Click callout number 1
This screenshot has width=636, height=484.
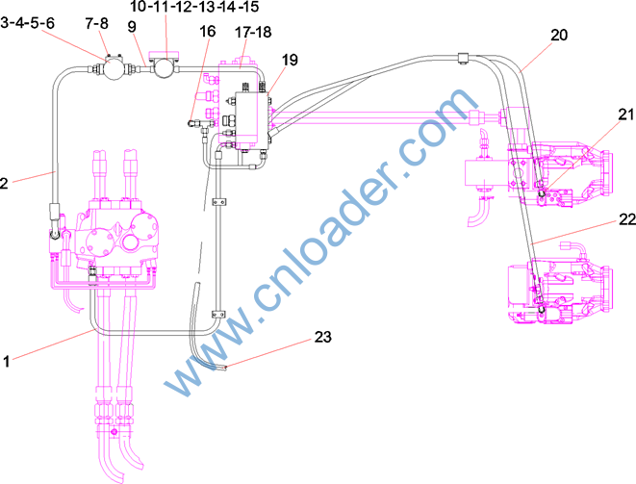click(6, 361)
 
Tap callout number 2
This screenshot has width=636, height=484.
click(4, 183)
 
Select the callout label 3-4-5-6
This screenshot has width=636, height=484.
click(28, 23)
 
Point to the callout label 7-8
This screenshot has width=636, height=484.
click(97, 23)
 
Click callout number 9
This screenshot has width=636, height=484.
click(132, 26)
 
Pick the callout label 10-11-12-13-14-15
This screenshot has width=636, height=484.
click(194, 6)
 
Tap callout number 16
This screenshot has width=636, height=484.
click(208, 31)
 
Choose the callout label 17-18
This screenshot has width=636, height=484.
click(253, 32)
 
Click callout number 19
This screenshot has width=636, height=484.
click(290, 60)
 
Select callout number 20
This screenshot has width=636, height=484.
click(559, 36)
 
